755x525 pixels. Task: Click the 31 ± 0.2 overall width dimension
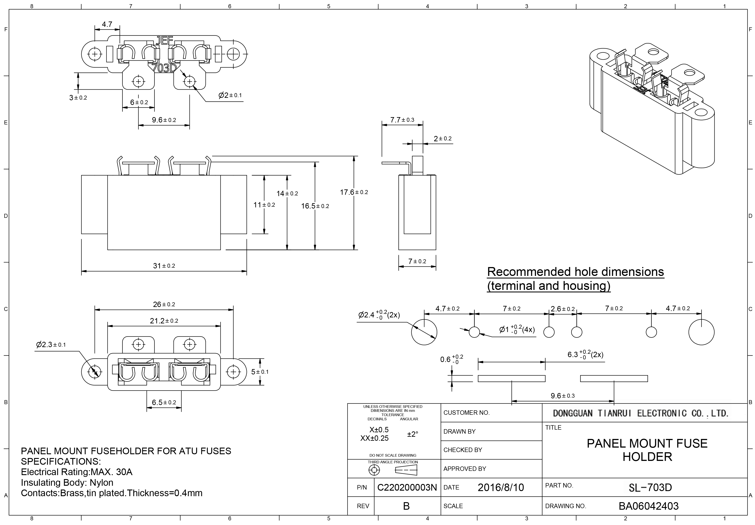164,266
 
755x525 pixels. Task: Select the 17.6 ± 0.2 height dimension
354,192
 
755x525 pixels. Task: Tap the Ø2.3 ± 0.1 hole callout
51,344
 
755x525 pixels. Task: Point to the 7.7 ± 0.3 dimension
402,120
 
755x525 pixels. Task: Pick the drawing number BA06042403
648,506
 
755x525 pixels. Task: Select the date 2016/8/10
500,487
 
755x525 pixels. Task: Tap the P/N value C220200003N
407,488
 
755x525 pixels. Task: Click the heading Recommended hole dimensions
575,272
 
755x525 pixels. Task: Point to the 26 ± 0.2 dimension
164,304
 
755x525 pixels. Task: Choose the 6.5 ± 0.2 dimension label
164,402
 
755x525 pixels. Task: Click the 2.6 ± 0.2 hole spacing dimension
563,309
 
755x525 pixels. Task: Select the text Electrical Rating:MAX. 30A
77,472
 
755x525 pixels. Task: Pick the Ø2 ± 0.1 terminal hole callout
230,95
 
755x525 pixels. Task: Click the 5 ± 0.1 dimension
260,372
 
